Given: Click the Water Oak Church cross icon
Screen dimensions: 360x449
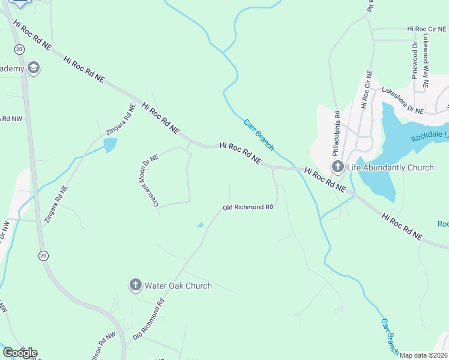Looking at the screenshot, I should click(x=136, y=284).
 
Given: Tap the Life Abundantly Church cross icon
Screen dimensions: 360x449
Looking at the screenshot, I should click(x=338, y=166).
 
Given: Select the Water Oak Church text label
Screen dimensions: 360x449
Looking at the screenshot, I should click(x=178, y=286).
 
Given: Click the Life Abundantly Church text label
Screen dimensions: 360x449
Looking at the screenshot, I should click(x=395, y=167).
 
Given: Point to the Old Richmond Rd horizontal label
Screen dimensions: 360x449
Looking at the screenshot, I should click(x=248, y=207).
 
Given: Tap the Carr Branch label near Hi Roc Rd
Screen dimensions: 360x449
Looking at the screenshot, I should click(x=259, y=134).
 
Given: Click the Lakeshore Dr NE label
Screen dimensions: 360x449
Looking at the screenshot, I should click(x=403, y=100).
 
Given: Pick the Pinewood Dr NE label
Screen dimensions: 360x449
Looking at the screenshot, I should click(x=414, y=60).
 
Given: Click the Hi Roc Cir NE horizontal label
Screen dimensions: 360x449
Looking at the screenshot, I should click(x=427, y=28).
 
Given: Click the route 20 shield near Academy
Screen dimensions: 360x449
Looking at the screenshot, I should click(x=20, y=49).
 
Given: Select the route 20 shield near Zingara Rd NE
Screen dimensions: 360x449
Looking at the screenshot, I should click(x=43, y=256).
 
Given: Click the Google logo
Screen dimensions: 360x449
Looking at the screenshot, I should click(x=20, y=353).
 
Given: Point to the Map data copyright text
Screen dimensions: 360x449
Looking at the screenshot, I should click(x=424, y=355).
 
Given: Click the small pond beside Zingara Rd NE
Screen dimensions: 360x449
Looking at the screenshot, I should click(x=110, y=145).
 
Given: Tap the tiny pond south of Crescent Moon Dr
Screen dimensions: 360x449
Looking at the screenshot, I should click(x=199, y=226).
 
